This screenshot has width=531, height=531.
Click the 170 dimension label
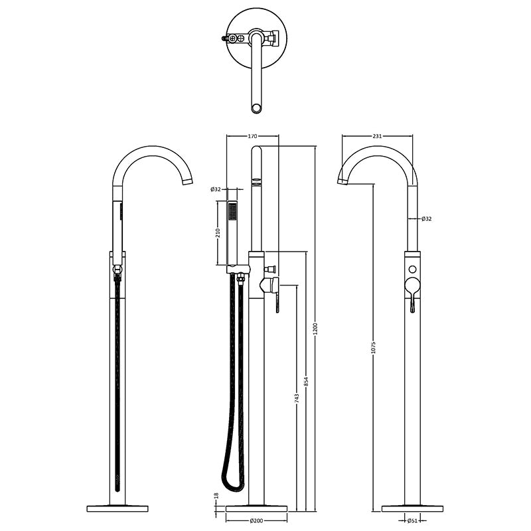tap(252, 136)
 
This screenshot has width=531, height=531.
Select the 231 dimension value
tap(377, 136)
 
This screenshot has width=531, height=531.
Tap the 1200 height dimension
tap(316, 329)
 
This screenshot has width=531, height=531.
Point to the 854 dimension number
tap(306, 382)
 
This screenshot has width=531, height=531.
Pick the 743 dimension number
tap(297, 398)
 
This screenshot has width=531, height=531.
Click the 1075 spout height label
tap(374, 346)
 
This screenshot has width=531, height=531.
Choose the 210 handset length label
tap(218, 233)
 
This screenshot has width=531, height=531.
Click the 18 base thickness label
tap(217, 495)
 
